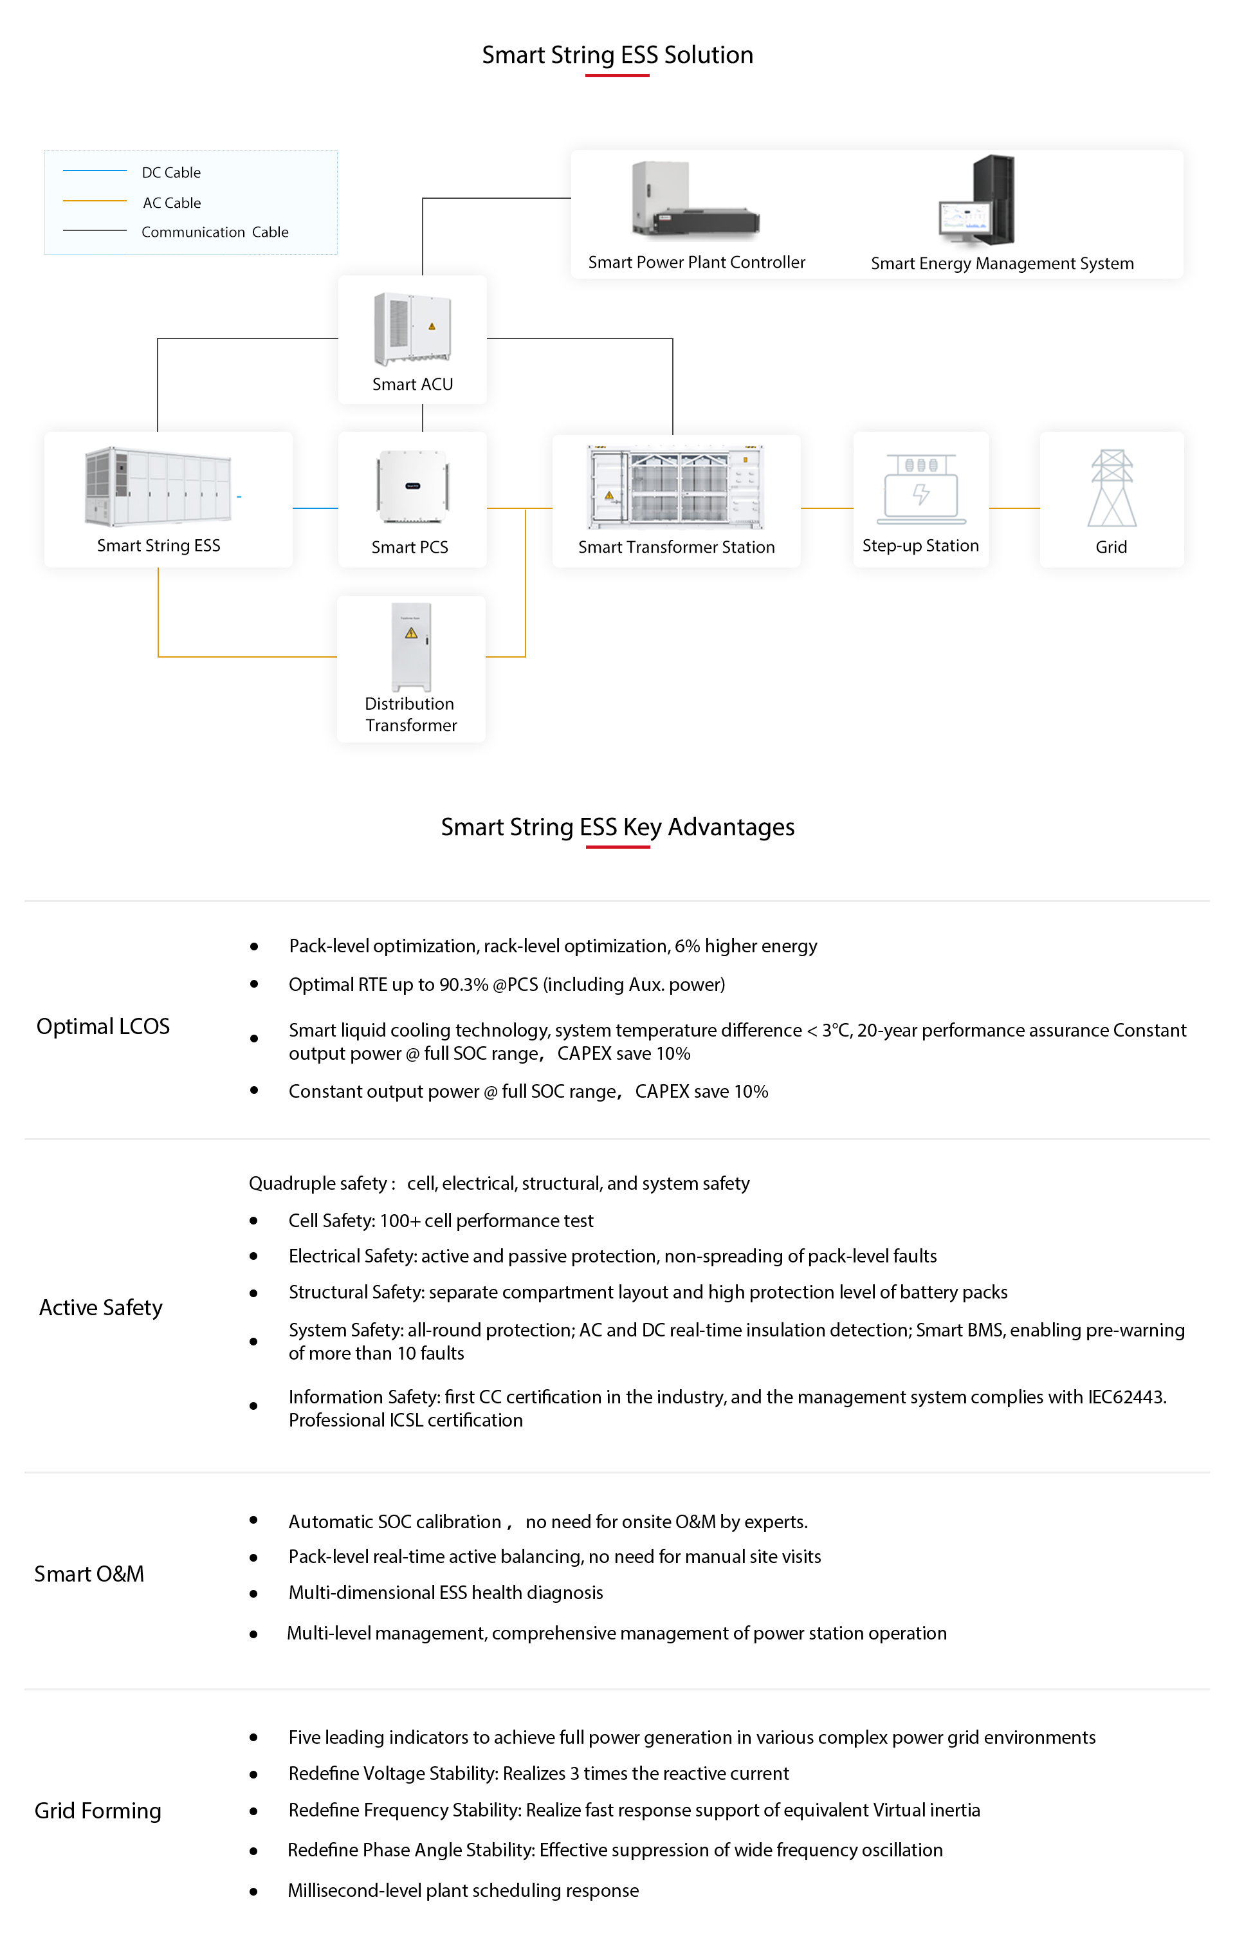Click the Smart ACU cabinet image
coord(412,329)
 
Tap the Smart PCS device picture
coord(412,486)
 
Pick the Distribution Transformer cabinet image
coord(411,646)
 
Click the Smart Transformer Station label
coord(676,547)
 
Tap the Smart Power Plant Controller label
coord(696,262)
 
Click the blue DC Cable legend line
coord(95,171)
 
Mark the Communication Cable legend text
coord(214,232)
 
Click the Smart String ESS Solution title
coord(617,55)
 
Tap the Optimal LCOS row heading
coord(103,1026)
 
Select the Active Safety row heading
coord(101,1307)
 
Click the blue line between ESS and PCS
coord(315,508)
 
